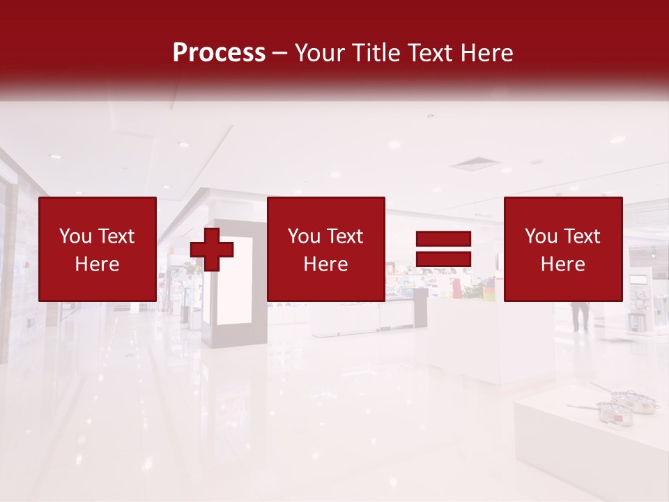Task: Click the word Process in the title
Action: tap(219, 53)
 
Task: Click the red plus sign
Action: tap(212, 250)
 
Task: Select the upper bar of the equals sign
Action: tap(443, 238)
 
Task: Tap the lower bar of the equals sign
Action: tap(443, 259)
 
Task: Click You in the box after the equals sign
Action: tap(541, 236)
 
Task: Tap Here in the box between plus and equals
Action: tap(325, 264)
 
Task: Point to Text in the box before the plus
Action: tap(116, 236)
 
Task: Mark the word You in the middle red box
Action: tap(304, 236)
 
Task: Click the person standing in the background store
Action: tap(580, 314)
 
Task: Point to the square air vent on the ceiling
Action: tap(475, 165)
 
